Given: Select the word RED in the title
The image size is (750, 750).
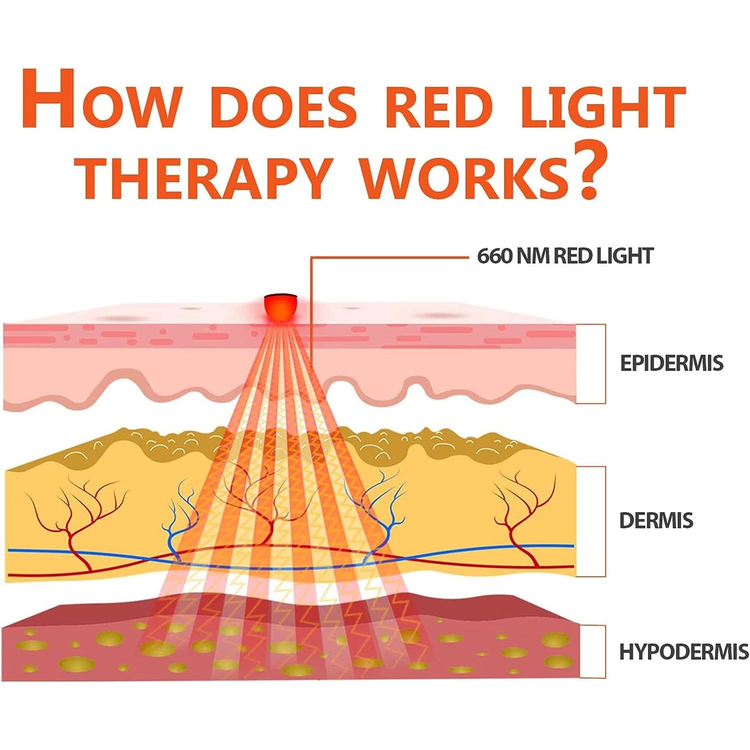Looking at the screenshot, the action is point(438,106).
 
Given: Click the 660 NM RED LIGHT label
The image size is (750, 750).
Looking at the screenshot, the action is point(565,256).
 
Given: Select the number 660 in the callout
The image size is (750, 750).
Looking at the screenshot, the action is point(494,256).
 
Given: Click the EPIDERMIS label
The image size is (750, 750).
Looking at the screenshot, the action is point(671,363).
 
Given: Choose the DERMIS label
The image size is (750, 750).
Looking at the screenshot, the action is point(656,520).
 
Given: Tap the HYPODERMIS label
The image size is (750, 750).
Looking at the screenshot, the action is point(684,652).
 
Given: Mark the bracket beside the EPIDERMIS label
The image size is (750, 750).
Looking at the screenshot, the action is point(605,363).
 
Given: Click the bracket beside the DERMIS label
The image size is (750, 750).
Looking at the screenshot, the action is point(605,521).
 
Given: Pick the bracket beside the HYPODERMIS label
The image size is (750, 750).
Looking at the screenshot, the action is point(605,651).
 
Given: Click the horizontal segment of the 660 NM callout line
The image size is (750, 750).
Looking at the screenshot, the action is point(390,257).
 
